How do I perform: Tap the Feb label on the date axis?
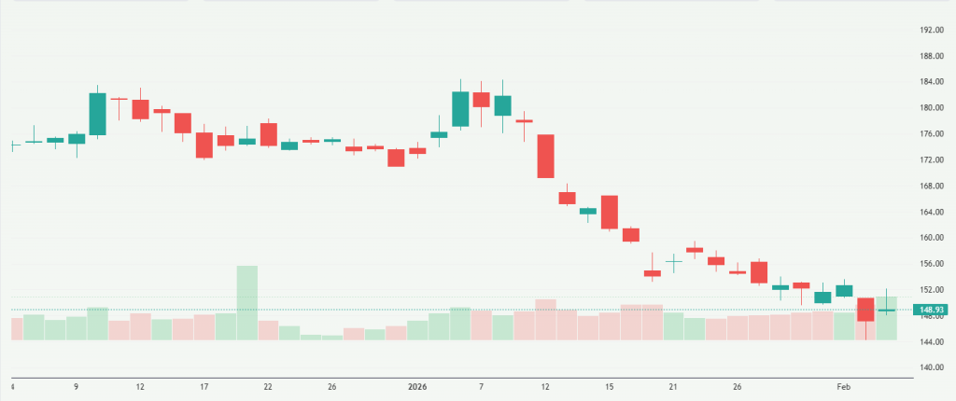coord(844,386)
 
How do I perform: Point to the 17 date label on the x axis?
coord(204,386)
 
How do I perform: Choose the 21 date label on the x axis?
coord(672,386)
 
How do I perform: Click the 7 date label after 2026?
coord(480,386)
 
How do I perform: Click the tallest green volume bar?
coord(246,302)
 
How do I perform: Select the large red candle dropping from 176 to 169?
coord(545,156)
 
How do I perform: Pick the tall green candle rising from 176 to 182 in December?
coord(98,114)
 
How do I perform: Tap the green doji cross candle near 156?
coord(673,261)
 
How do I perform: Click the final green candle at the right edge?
coord(887,310)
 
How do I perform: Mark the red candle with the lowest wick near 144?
coord(865,310)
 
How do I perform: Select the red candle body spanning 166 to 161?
coord(610,212)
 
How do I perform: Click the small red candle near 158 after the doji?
coord(695,250)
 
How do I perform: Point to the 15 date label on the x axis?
coord(609,386)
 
